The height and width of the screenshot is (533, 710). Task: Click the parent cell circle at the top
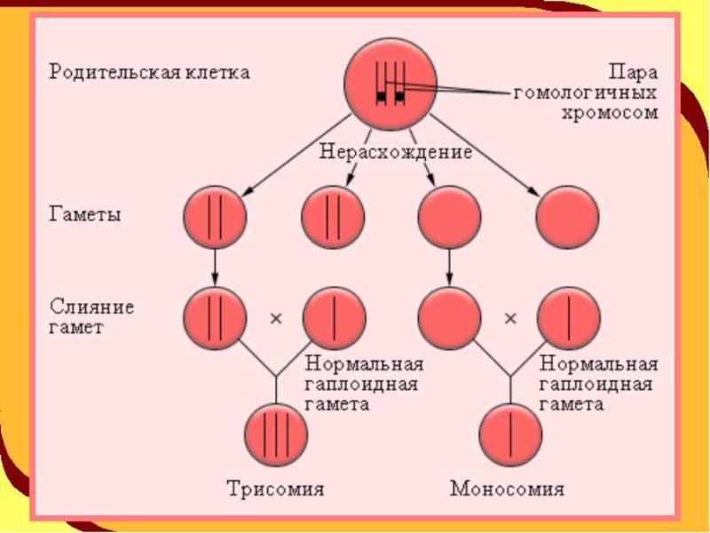click(390, 84)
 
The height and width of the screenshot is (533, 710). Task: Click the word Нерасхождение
click(395, 151)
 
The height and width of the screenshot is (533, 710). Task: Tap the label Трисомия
click(275, 489)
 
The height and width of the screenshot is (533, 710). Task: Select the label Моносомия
click(507, 489)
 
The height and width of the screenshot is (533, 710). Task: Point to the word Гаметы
click(84, 214)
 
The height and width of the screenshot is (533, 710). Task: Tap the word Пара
click(633, 73)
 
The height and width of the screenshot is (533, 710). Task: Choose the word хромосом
click(610, 112)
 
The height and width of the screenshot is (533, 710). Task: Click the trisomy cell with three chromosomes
click(276, 434)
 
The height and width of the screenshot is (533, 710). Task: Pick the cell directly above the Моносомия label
click(510, 434)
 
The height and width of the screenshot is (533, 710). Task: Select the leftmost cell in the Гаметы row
click(215, 217)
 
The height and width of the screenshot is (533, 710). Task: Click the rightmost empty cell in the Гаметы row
click(567, 217)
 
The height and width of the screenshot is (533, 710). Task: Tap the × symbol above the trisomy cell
click(276, 318)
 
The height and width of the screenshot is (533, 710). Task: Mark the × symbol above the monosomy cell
click(510, 318)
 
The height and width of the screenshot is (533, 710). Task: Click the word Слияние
click(92, 306)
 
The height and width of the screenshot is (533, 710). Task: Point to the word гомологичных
click(585, 93)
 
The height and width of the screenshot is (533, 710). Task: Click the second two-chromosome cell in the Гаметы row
click(334, 217)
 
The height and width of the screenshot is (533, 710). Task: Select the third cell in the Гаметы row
click(449, 217)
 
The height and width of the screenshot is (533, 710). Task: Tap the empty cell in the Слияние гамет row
click(449, 318)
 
